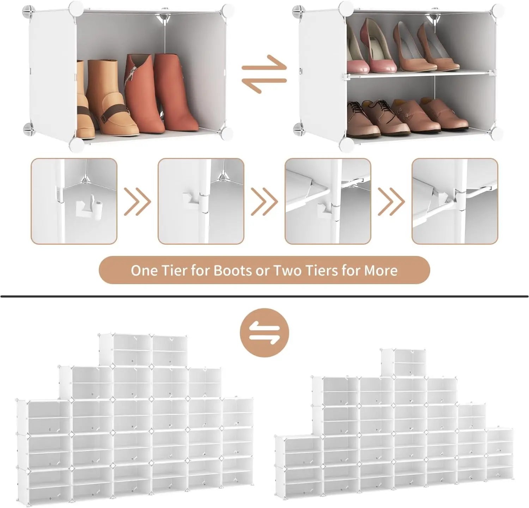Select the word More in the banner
click(381, 270)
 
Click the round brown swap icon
click(264, 333)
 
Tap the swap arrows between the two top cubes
click(264, 74)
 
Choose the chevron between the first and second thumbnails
click(138, 202)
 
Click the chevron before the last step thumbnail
click(391, 202)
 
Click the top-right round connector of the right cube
click(498, 10)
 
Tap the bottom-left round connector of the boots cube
click(77, 144)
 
